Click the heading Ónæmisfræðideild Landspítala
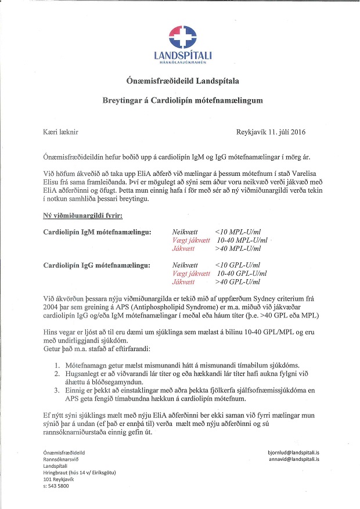click(x=183, y=80)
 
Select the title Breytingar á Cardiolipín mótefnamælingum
click(x=183, y=100)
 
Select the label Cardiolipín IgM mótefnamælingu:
click(x=97, y=232)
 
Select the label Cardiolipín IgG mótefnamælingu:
click(x=97, y=265)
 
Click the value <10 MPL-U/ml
click(x=240, y=232)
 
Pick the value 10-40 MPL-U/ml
click(x=242, y=240)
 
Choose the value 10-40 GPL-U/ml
click(x=242, y=273)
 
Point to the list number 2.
click(x=57, y=375)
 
